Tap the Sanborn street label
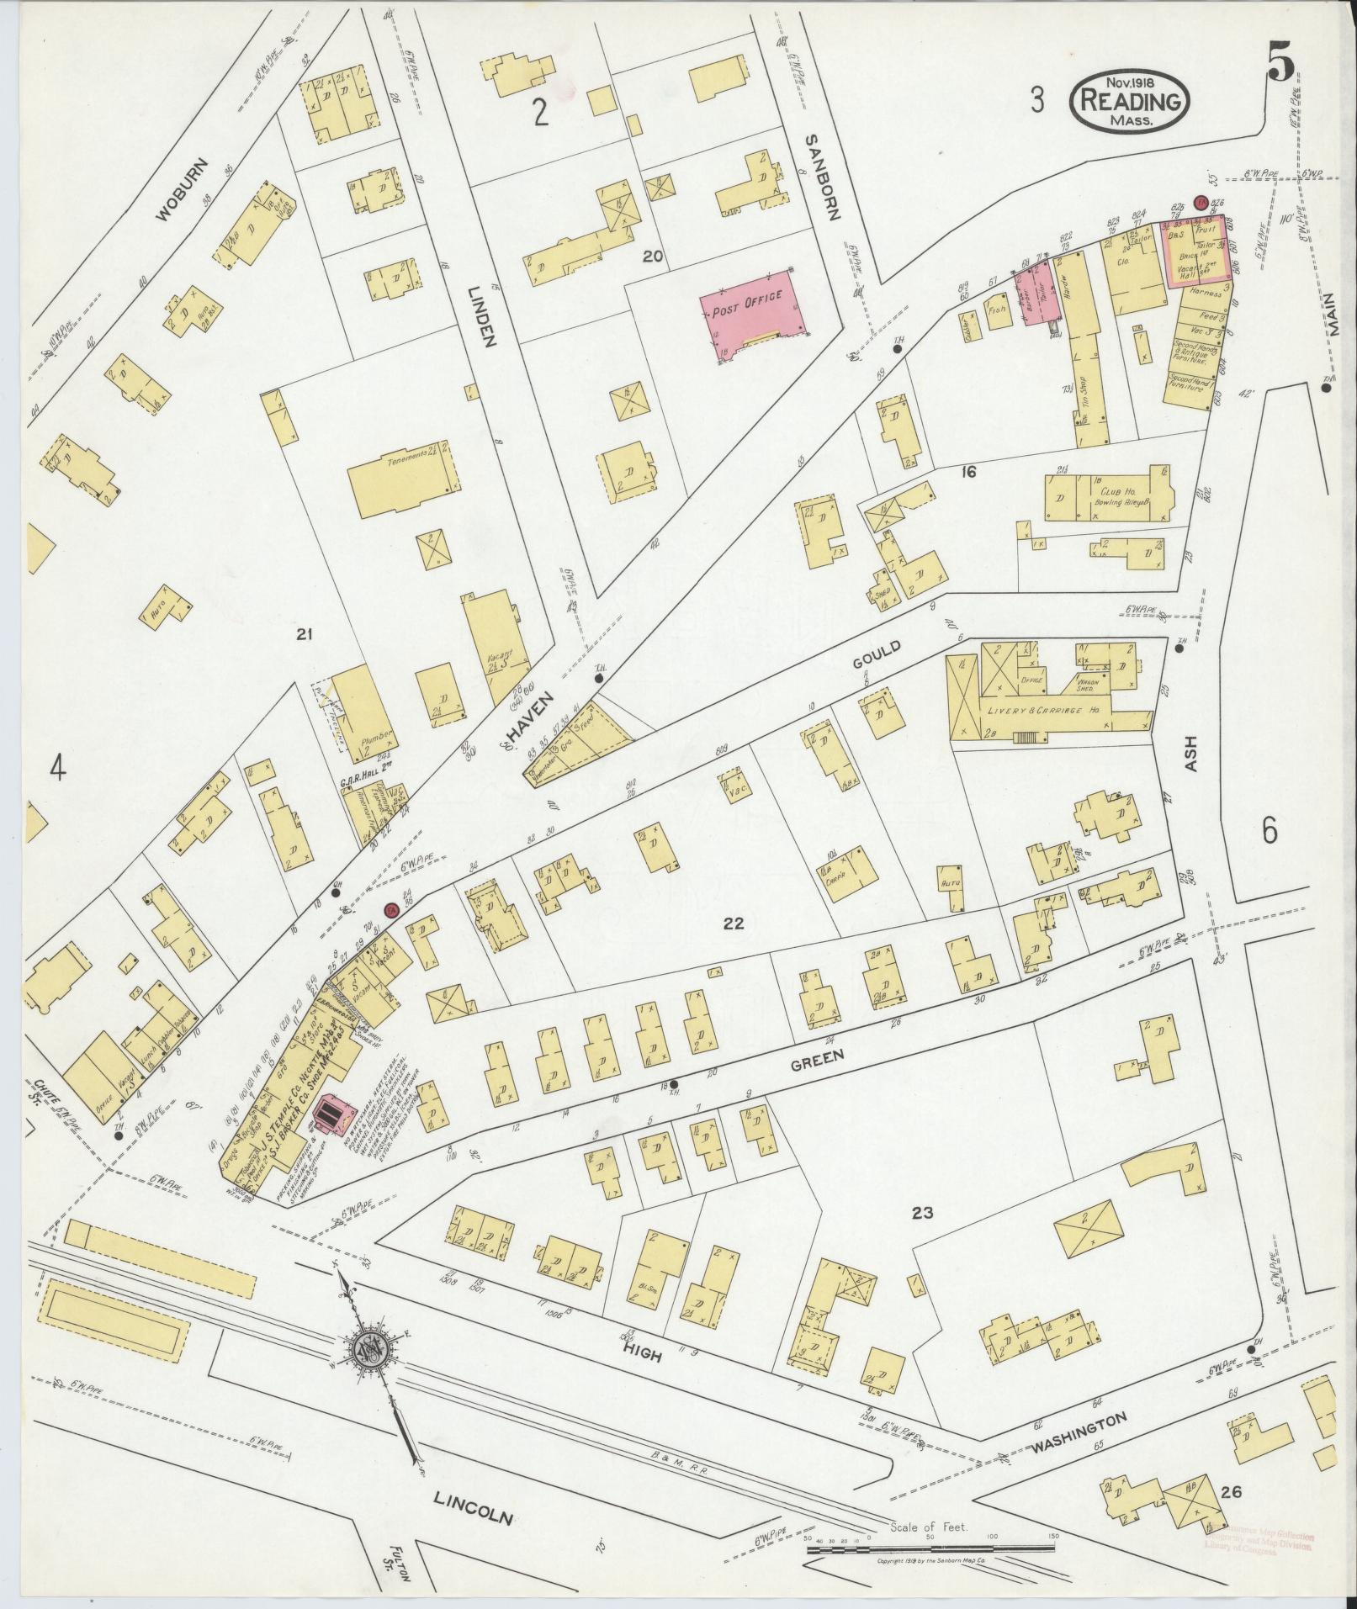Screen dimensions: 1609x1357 (x=822, y=177)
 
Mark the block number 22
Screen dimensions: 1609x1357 (x=734, y=923)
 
